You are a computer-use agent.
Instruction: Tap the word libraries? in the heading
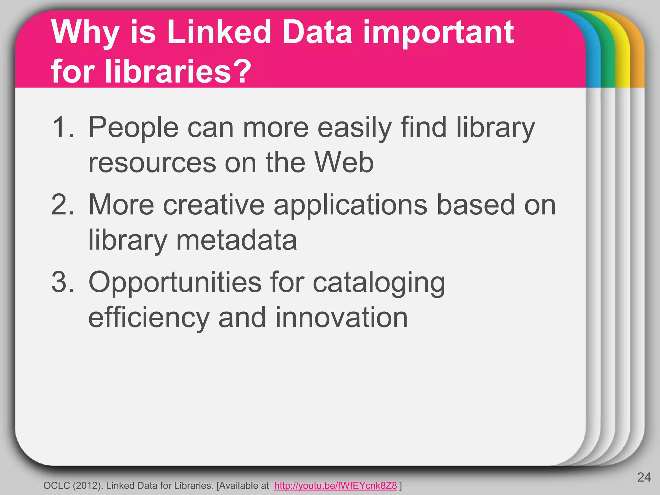[x=151, y=71]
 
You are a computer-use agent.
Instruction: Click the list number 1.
[x=63, y=127]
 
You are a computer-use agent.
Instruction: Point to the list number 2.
[x=63, y=205]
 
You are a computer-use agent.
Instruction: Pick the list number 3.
[x=63, y=282]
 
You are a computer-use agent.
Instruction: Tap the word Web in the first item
[x=344, y=162]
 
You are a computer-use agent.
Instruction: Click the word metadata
[x=237, y=240]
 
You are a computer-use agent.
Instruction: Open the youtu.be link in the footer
[x=335, y=486]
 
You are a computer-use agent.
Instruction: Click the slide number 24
[x=644, y=477]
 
